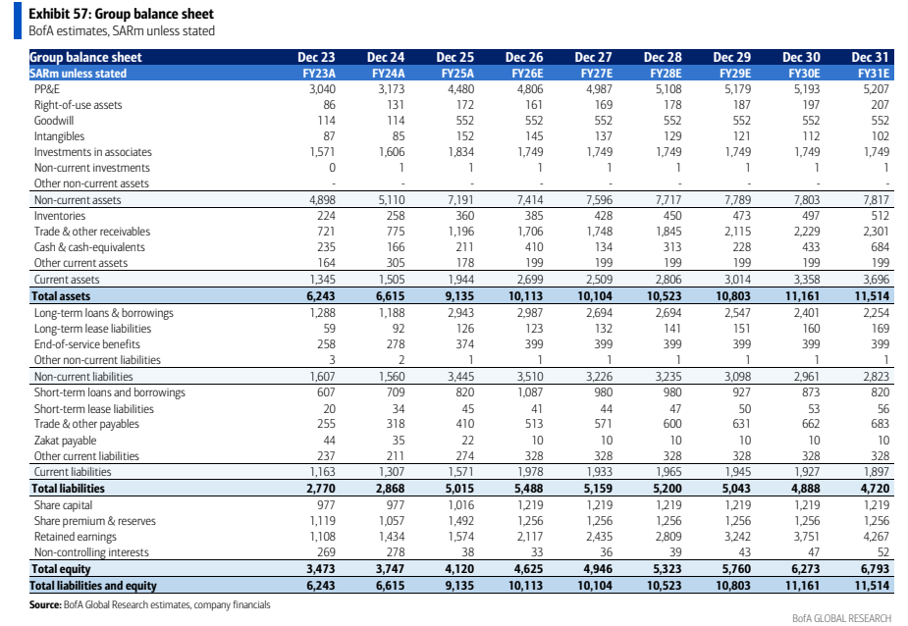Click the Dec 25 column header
[454, 57]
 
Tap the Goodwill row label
[54, 121]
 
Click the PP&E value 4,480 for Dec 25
[460, 89]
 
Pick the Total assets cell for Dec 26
[525, 296]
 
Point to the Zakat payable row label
[65, 441]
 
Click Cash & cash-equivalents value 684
[880, 247]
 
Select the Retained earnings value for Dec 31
[876, 537]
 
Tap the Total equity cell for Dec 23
[320, 569]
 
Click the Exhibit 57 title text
[121, 14]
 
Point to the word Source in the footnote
[45, 605]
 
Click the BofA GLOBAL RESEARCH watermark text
[841, 618]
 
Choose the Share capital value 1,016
[461, 505]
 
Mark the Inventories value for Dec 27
[604, 216]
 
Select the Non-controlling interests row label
[91, 552]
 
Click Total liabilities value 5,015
[459, 489]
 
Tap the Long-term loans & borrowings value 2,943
[460, 313]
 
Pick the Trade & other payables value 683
[880, 424]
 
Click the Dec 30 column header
[801, 57]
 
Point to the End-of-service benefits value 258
[326, 344]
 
